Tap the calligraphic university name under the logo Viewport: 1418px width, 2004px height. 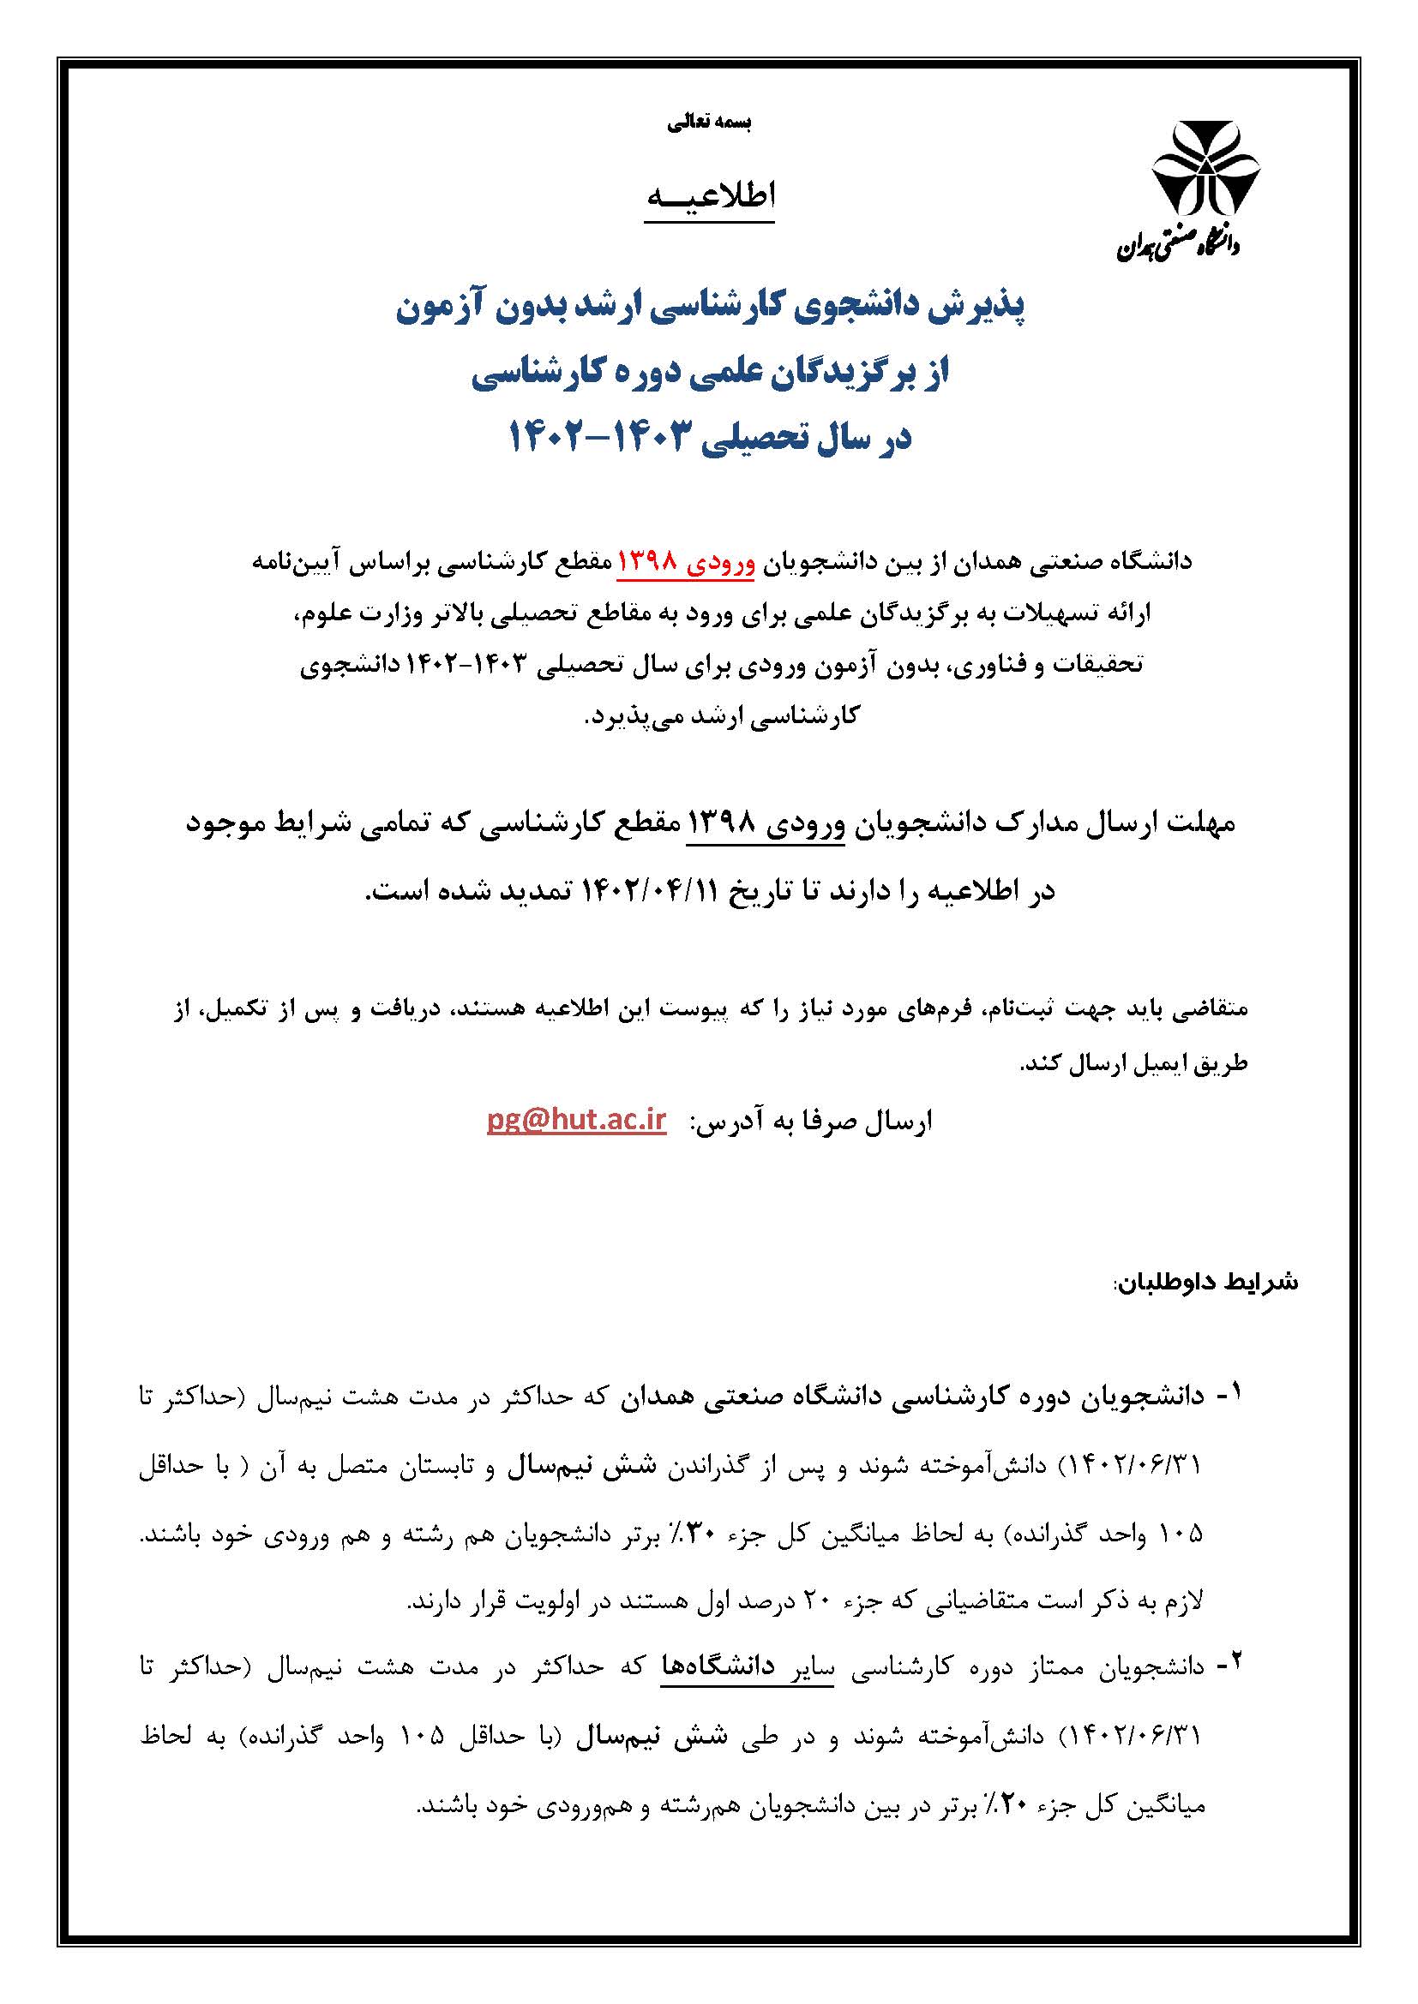coord(1179,247)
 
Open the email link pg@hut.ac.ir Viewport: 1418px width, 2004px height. coord(576,1121)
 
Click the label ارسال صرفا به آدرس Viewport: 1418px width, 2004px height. coord(811,1122)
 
